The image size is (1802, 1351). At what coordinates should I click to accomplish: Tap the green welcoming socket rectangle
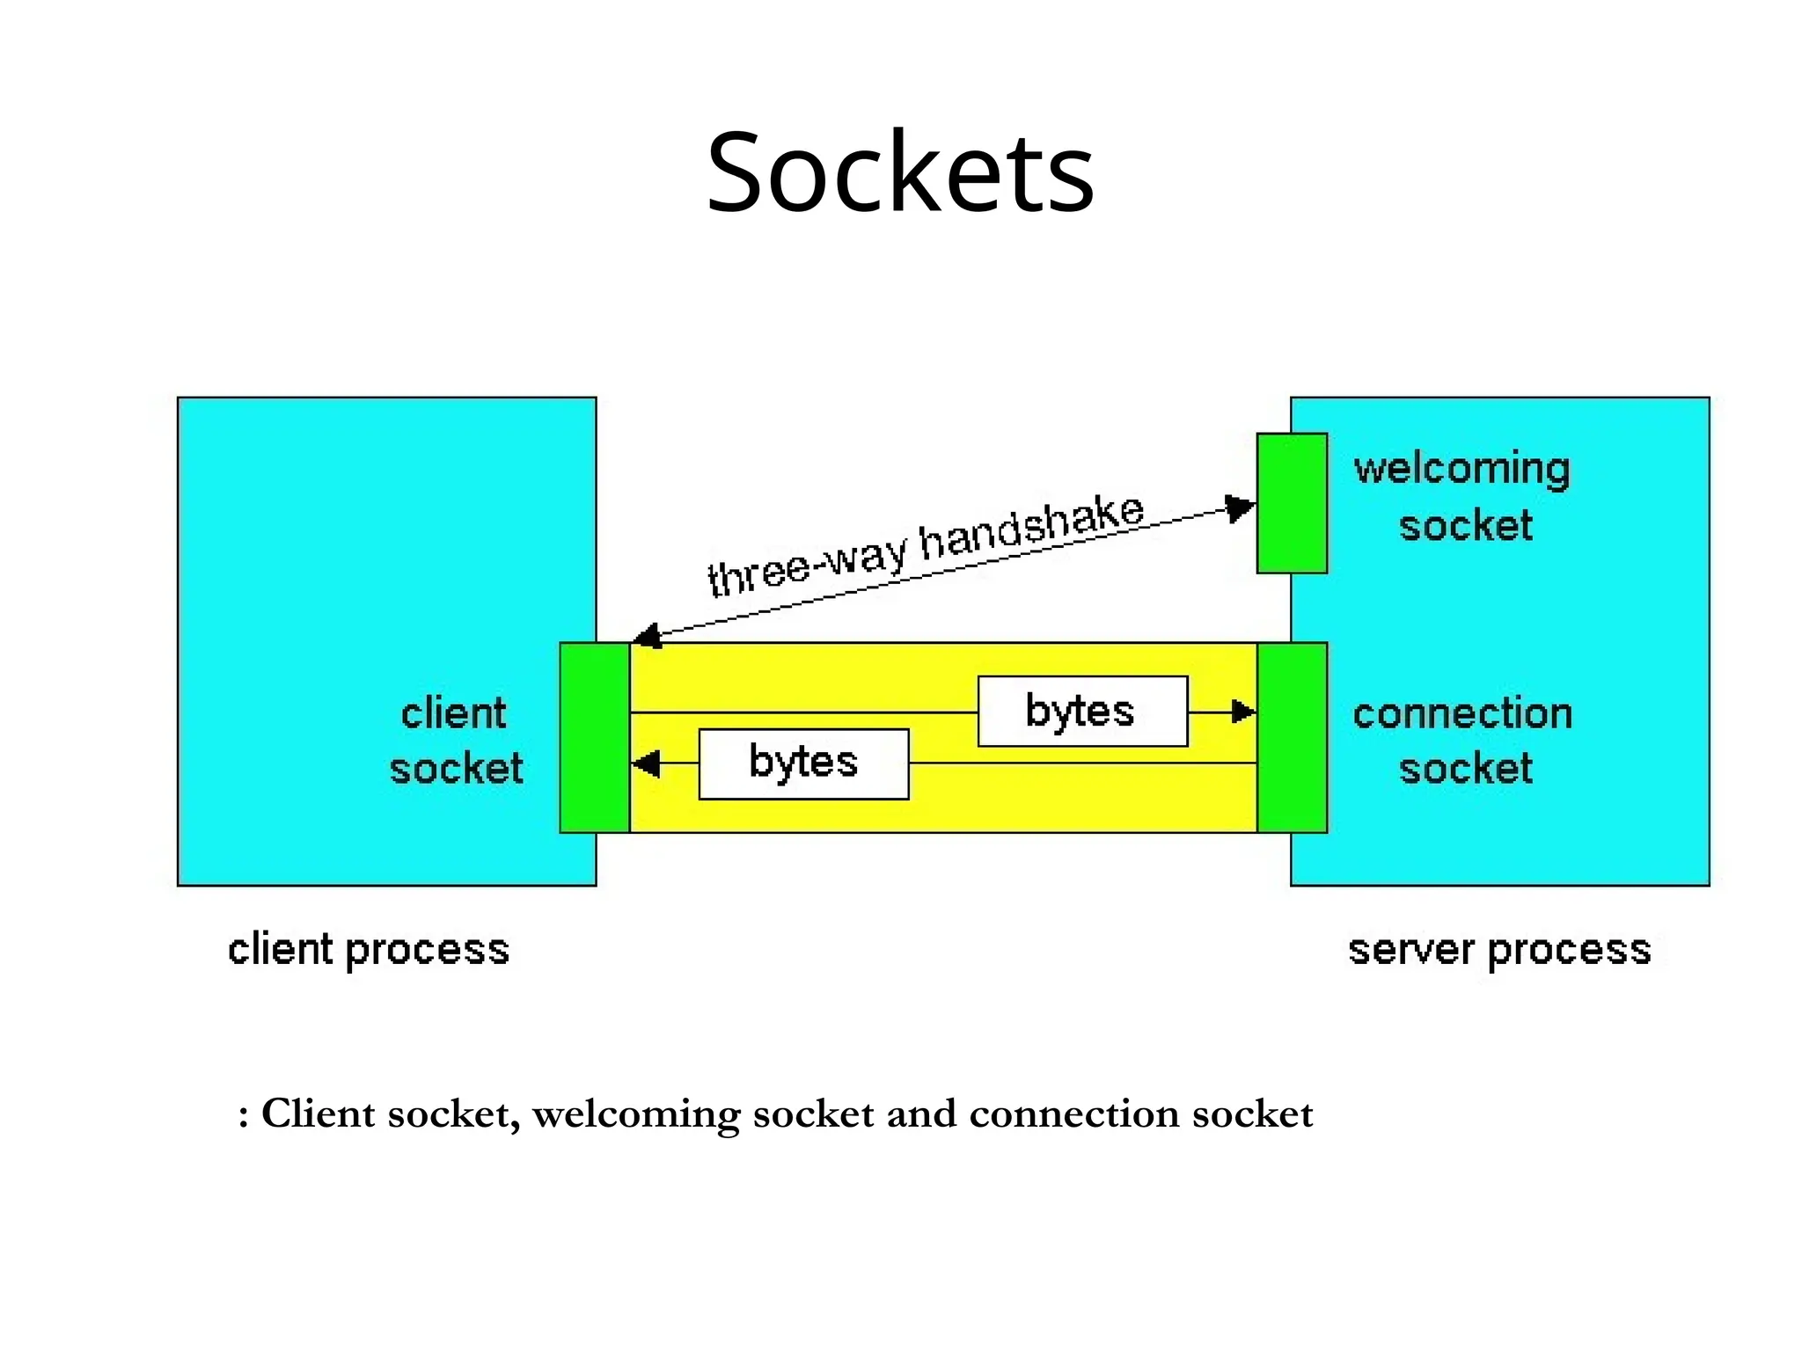[1292, 503]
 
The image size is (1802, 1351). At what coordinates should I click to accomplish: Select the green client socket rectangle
[595, 737]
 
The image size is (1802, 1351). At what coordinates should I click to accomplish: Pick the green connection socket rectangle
[1292, 737]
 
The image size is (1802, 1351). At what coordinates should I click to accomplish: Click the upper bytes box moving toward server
[1082, 711]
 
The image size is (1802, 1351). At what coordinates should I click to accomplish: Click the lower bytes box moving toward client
[803, 763]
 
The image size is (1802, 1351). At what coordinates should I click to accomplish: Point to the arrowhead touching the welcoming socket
[1241, 508]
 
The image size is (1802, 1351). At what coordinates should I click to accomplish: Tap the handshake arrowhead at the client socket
[647, 636]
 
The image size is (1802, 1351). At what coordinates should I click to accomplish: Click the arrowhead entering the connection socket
[1243, 712]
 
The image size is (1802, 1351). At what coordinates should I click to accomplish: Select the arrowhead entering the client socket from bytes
[646, 763]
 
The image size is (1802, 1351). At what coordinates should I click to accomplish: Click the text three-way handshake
[926, 545]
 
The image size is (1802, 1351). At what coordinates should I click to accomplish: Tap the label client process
[369, 950]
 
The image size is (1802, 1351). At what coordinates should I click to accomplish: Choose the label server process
[1499, 950]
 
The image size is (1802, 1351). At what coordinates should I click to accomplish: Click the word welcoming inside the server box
[1461, 469]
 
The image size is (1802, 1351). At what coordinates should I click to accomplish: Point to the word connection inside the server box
[1462, 713]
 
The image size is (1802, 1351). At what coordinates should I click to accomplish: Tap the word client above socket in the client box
[453, 713]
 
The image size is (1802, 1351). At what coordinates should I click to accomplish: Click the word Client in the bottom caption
[319, 1114]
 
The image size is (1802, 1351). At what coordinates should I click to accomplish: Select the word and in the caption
[920, 1114]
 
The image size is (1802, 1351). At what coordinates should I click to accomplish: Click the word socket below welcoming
[1465, 526]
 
